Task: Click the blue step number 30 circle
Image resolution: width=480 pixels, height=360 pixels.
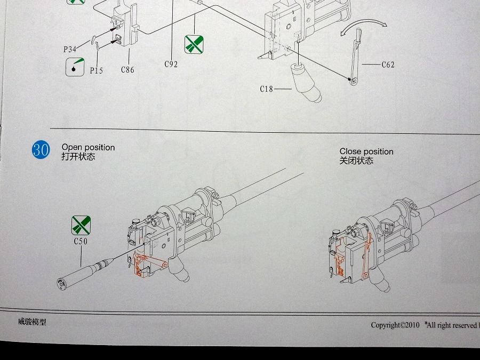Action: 41,150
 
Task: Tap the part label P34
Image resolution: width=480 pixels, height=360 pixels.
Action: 70,50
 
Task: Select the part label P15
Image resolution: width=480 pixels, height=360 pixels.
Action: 96,70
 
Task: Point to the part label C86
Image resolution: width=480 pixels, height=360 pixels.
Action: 127,69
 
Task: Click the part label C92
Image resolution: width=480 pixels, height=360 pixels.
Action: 171,64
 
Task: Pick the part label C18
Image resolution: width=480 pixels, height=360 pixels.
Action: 267,89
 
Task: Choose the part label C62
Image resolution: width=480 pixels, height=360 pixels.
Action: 388,65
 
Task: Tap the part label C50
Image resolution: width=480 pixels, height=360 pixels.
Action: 81,241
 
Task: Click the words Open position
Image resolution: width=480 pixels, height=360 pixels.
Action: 88,147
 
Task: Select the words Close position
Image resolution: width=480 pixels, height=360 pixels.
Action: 366,151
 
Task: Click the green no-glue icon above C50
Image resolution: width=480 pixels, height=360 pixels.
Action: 81,226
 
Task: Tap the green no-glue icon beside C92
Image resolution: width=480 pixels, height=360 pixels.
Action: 194,44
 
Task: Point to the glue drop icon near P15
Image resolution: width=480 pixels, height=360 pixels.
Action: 75,67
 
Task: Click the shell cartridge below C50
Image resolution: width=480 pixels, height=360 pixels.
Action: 85,272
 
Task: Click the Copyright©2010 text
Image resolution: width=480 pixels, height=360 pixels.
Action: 396,325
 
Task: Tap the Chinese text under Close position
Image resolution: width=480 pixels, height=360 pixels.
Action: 356,161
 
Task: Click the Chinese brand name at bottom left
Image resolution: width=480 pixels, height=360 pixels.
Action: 32,322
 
